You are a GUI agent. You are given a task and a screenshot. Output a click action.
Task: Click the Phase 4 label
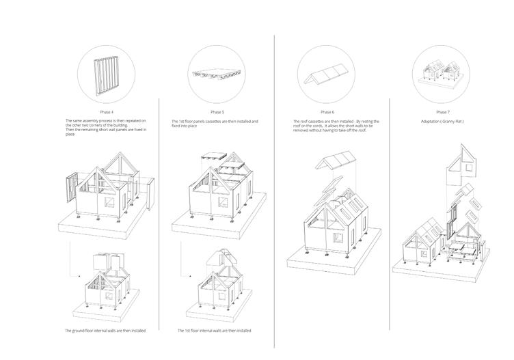coord(105,111)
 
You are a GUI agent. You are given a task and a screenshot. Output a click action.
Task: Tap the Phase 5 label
coord(217,111)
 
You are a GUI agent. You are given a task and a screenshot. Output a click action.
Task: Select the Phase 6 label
coord(327,111)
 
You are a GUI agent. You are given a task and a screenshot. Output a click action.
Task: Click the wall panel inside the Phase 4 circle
coord(105,72)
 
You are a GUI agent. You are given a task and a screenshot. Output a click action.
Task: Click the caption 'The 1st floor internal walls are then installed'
coord(213,331)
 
